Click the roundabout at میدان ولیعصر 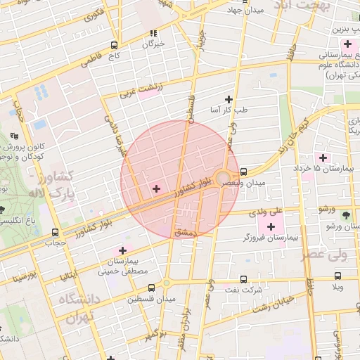point(223,177)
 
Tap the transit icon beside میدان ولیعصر point(243,172)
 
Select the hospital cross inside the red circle point(156,188)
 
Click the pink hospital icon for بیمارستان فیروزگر point(271,226)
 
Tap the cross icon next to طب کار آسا point(228,99)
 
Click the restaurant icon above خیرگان point(153,33)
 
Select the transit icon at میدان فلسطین point(153,287)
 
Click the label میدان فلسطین point(146,300)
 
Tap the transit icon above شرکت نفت point(243,278)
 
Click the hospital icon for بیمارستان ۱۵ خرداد point(323,157)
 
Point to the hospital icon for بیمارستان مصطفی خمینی point(123,250)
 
